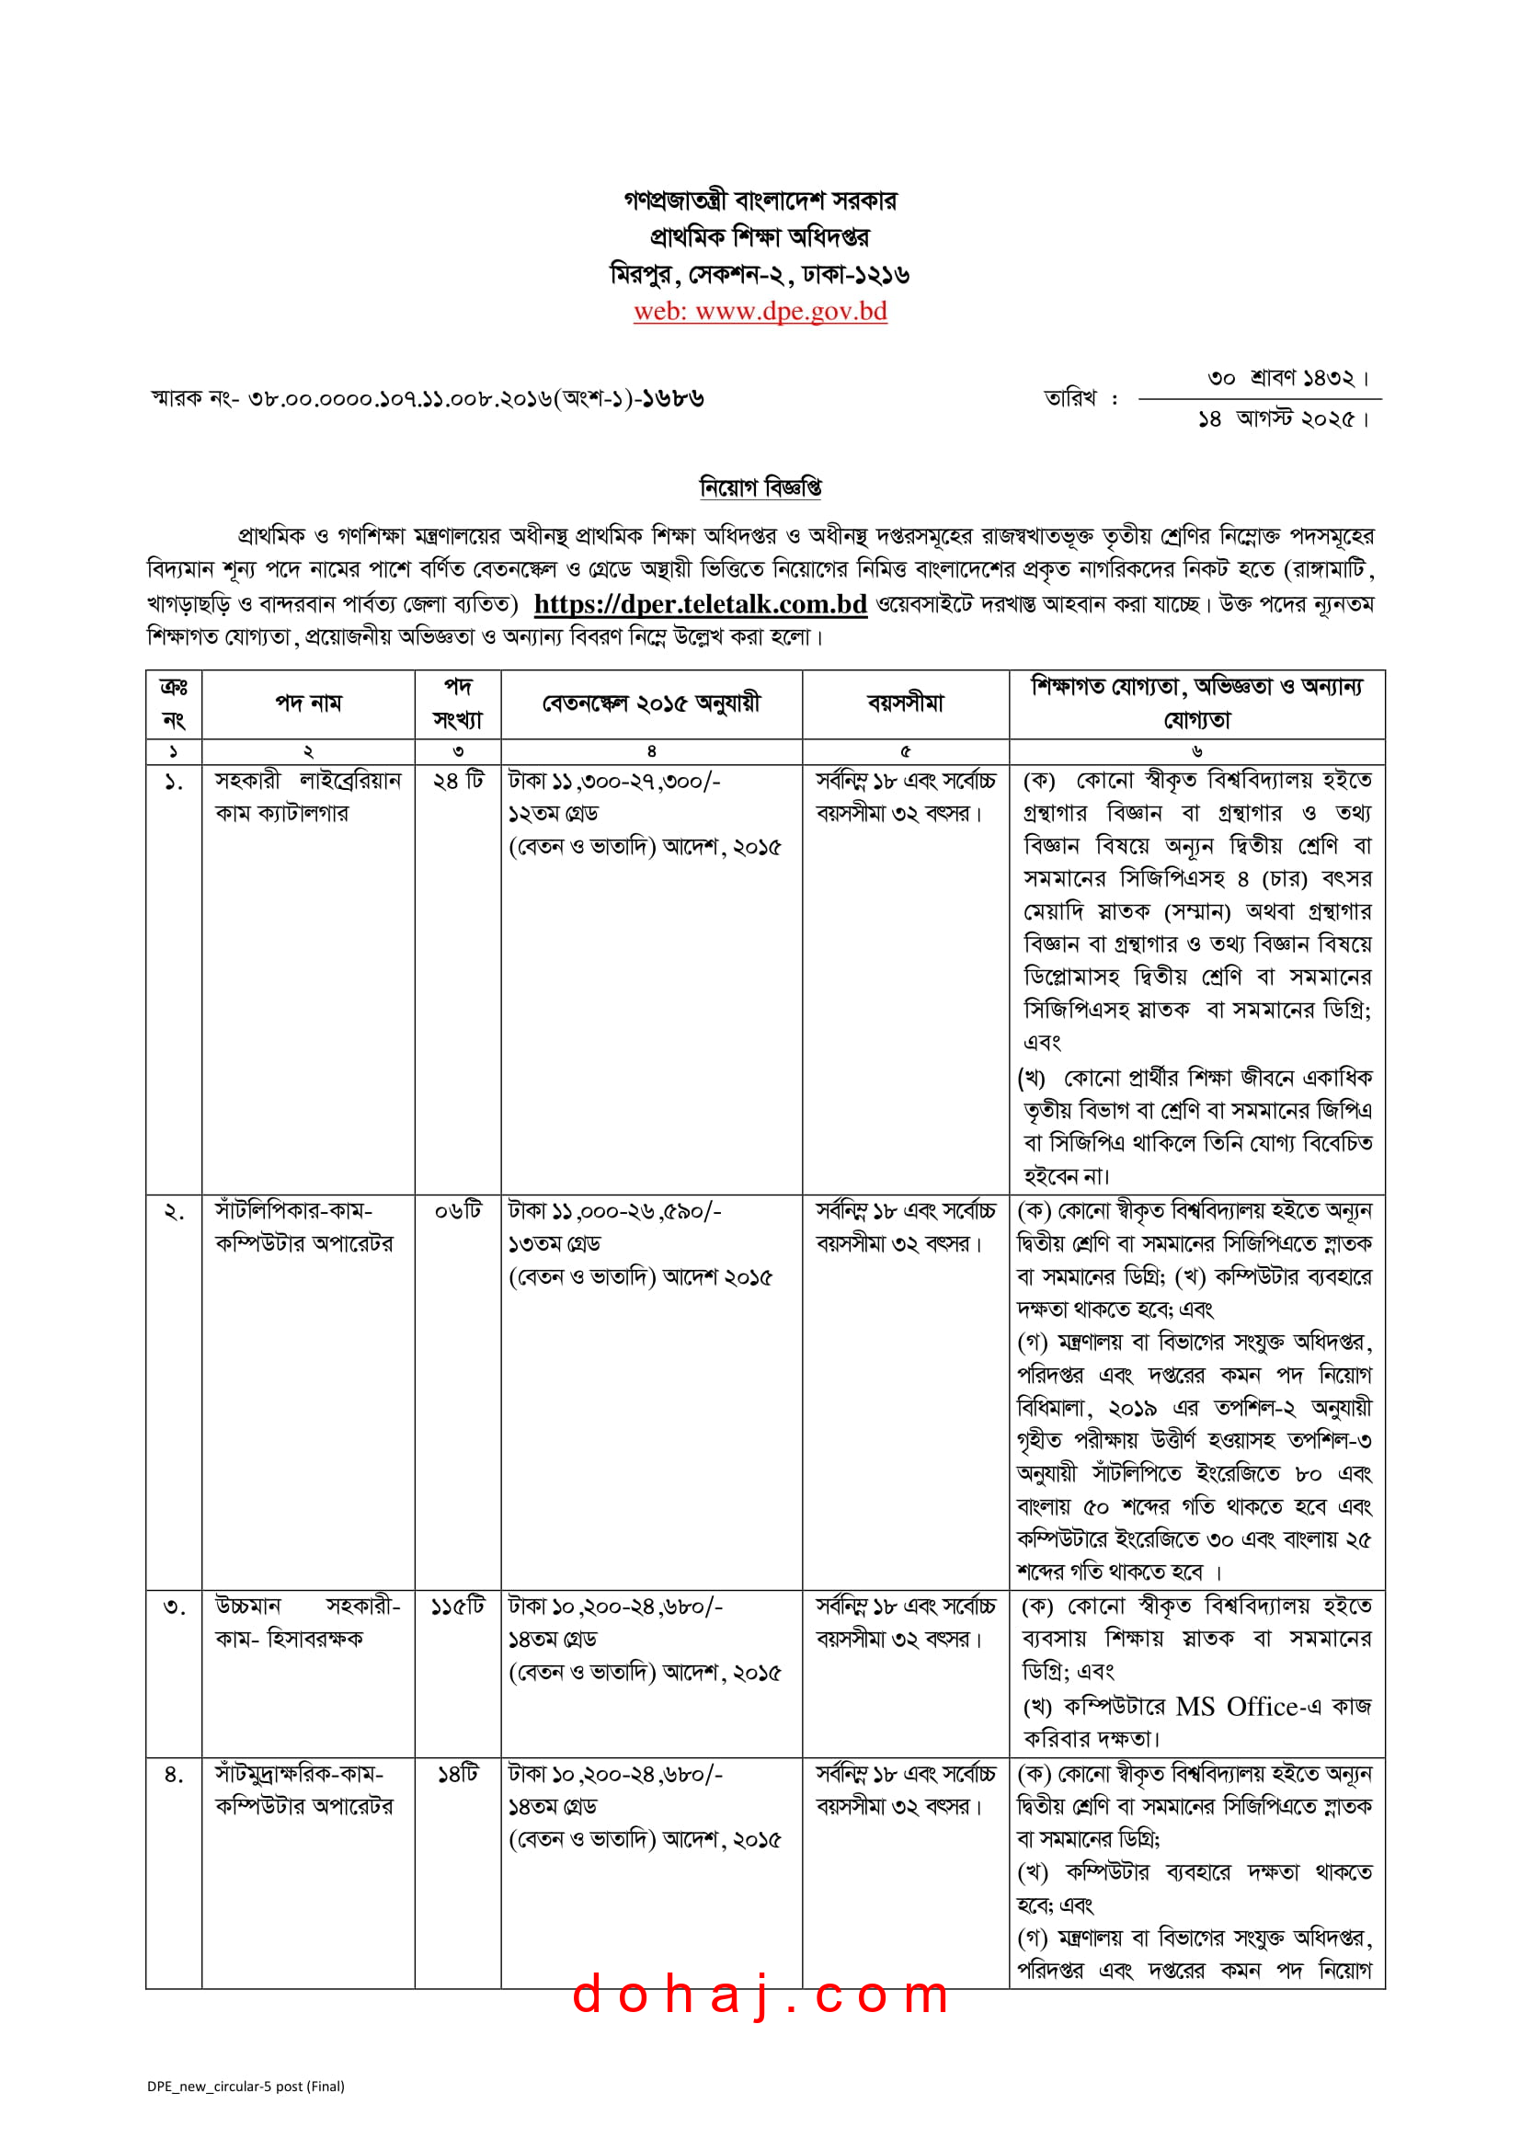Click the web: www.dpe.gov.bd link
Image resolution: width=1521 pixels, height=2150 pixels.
[x=760, y=311]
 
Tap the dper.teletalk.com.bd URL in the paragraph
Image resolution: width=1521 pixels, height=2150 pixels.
[x=700, y=604]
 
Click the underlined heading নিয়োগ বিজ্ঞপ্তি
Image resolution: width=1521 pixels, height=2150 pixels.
[x=760, y=487]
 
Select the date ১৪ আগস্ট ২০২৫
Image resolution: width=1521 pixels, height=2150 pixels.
[x=1281, y=419]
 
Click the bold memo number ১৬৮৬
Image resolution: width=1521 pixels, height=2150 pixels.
[x=671, y=399]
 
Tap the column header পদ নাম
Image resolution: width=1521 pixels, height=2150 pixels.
[x=308, y=703]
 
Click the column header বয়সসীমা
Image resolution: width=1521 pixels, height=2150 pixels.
[x=905, y=703]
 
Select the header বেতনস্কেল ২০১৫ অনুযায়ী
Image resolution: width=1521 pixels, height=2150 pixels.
[x=651, y=703]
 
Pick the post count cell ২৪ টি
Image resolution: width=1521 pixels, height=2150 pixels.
[x=458, y=781]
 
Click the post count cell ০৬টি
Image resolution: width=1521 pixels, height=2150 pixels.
[x=458, y=1211]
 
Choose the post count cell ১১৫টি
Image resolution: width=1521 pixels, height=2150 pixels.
[x=458, y=1606]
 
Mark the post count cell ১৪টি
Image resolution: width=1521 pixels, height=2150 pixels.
[x=458, y=1774]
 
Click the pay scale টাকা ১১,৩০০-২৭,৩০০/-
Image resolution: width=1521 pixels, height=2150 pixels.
[x=614, y=781]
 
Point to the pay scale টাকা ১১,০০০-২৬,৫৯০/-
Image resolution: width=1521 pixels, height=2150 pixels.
[x=614, y=1211]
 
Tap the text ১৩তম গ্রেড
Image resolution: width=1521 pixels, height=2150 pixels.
[x=555, y=1243]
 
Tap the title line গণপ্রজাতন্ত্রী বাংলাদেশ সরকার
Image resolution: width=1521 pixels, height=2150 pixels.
[x=760, y=200]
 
